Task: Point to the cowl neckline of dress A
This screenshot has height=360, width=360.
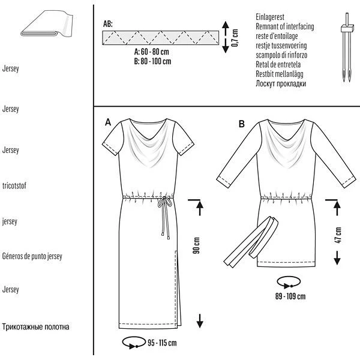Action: pos(145,144)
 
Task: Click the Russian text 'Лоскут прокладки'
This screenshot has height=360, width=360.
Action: pos(281,84)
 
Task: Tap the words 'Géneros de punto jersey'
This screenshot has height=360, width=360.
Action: pos(41,256)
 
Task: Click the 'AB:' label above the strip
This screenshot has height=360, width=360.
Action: pos(108,24)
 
